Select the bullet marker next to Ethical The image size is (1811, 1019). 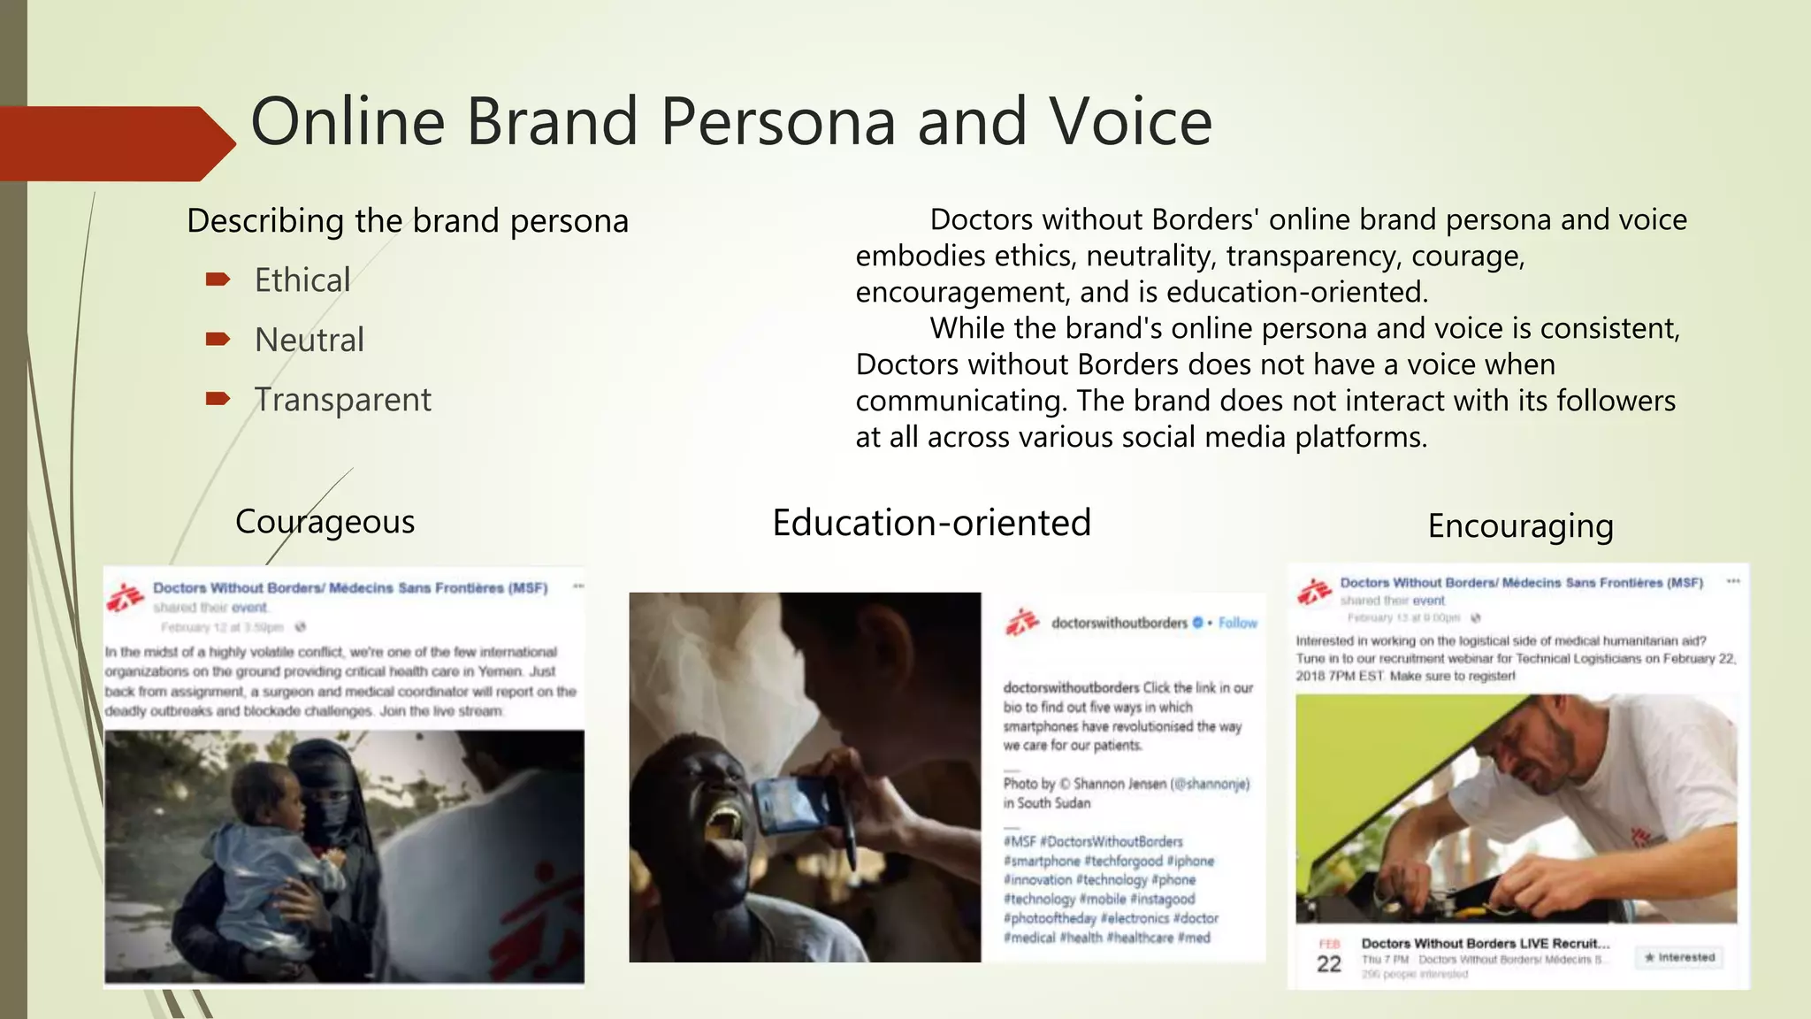click(x=218, y=280)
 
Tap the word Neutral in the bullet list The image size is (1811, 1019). click(x=309, y=340)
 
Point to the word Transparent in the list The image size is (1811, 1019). click(x=342, y=400)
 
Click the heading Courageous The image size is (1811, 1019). click(x=325, y=522)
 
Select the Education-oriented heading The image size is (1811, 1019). click(x=931, y=523)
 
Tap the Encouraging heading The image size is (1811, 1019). click(x=1520, y=526)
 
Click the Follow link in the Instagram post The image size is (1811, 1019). click(x=1237, y=623)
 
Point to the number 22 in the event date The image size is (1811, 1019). click(x=1329, y=964)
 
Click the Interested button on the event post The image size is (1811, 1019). click(x=1679, y=957)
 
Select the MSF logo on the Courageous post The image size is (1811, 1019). click(x=125, y=597)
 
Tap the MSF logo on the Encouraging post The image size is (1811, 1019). click(x=1314, y=591)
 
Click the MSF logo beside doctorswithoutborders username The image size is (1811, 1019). click(x=1022, y=623)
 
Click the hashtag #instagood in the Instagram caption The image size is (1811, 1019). click(x=1162, y=899)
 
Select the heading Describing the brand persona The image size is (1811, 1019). click(x=408, y=221)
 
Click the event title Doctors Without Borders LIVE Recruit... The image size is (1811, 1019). click(x=1485, y=943)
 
